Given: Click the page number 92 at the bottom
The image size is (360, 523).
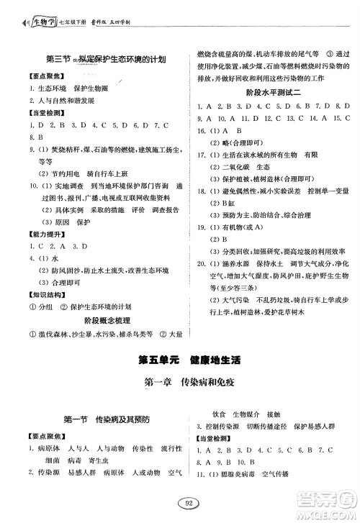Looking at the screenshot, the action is click(x=180, y=504).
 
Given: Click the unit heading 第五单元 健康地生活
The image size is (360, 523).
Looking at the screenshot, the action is click(x=180, y=359).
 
